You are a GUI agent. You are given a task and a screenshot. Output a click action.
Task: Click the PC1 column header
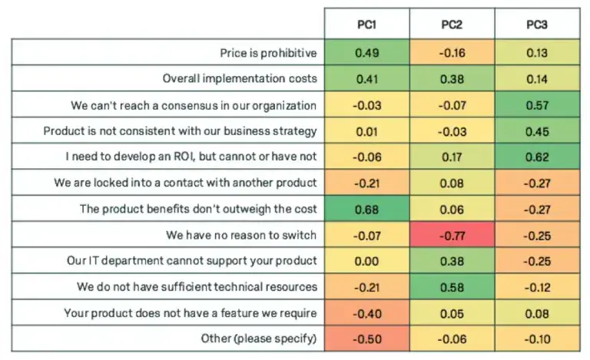pos(366,25)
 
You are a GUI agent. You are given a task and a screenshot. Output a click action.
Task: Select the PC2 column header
pos(451,25)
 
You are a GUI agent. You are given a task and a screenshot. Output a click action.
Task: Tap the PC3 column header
pos(536,25)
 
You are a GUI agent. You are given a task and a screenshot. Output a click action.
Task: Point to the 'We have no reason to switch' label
pos(241,233)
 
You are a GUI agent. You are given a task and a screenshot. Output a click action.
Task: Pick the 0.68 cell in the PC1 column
pos(366,208)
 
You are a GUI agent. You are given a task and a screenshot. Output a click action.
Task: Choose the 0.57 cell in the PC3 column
pos(536,104)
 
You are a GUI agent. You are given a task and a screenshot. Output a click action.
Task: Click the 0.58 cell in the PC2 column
pos(451,286)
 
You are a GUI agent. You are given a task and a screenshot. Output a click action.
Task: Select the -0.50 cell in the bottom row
pos(366,337)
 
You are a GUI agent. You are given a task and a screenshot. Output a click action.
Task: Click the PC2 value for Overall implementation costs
pos(451,78)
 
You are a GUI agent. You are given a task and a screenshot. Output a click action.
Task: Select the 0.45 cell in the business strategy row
pos(536,130)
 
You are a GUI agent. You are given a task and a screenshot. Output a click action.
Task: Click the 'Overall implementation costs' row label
pos(240,78)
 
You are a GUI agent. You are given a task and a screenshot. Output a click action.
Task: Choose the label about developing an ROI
pos(181,156)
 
